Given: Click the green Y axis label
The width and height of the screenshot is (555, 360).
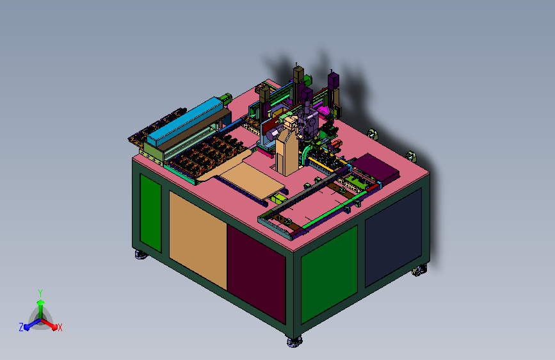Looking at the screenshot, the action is [40, 293].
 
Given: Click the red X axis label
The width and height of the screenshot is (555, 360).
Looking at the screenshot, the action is [60, 328].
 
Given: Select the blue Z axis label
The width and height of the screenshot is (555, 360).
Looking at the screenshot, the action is [21, 327].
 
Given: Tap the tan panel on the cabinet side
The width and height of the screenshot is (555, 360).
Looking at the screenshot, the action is [198, 238].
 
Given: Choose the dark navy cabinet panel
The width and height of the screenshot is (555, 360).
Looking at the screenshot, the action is [393, 237].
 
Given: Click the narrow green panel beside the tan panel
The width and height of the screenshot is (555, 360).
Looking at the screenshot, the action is [151, 212].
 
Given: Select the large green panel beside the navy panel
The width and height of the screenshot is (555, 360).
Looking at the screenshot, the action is [329, 274].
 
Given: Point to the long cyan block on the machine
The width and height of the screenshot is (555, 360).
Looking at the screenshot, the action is [186, 122].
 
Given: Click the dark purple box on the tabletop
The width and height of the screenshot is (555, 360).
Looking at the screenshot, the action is [376, 168].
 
